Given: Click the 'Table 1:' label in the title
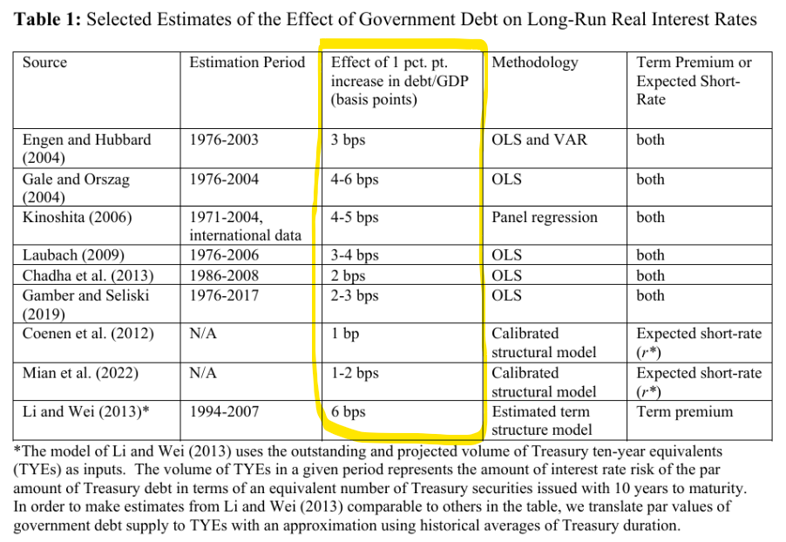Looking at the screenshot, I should (49, 19).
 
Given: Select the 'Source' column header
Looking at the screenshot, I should (44, 63).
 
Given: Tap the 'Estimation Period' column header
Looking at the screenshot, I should (247, 63).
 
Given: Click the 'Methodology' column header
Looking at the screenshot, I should (534, 63).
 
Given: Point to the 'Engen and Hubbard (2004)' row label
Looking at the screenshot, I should (86, 148).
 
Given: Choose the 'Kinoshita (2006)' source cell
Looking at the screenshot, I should (77, 218).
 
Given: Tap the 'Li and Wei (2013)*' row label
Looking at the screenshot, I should (85, 411).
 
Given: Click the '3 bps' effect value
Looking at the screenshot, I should (349, 139).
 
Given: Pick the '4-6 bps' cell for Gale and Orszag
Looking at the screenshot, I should (355, 180).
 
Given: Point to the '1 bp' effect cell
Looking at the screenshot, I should (345, 334).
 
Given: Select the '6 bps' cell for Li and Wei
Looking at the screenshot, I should (349, 411).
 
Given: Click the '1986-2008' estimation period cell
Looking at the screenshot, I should (224, 275).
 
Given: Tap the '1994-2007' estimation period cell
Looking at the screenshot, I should (224, 411).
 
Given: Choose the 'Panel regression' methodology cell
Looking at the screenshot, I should (545, 218).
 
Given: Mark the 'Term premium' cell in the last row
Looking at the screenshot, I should (685, 411).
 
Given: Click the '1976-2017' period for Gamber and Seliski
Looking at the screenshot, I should (224, 295).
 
